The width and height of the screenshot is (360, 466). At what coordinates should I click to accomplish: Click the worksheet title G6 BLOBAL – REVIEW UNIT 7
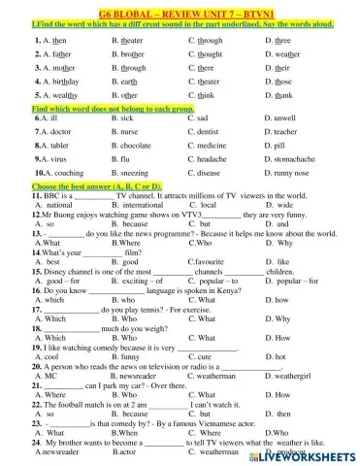(x=180, y=10)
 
